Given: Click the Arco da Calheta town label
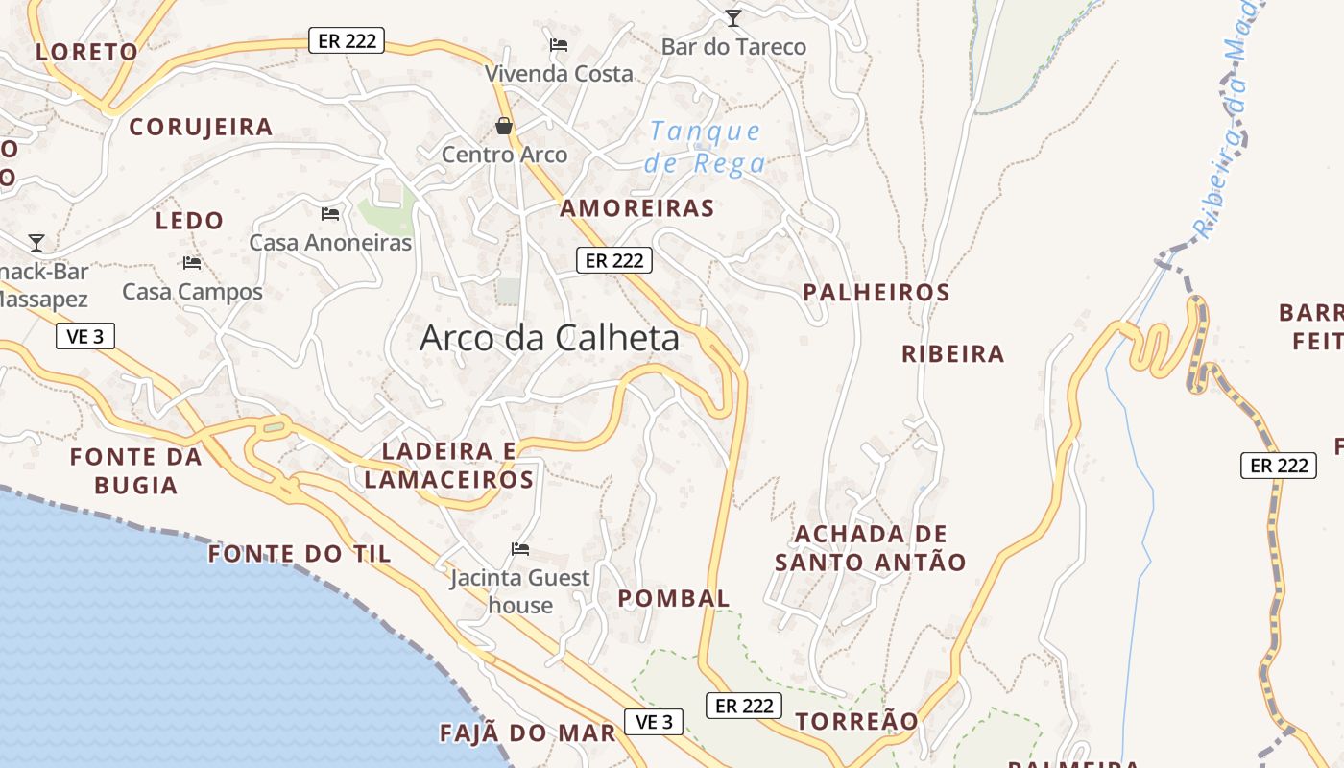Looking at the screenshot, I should (549, 338).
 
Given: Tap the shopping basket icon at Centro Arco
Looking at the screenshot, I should (504, 126).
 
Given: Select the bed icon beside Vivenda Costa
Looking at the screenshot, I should (559, 44).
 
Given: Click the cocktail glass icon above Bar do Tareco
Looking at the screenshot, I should (733, 17).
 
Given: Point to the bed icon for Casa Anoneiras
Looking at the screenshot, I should (330, 213).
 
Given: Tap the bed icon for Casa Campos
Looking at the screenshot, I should (192, 262).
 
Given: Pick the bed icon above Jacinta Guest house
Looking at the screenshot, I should (520, 549).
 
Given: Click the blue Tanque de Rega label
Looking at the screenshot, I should (706, 147).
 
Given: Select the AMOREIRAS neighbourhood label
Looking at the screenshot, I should (637, 208).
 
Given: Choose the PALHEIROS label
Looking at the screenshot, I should (876, 293).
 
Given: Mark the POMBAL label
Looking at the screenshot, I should (674, 599).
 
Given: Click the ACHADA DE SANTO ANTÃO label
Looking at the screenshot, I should (871, 548).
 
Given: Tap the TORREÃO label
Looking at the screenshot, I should (856, 721).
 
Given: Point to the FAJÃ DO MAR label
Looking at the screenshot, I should (527, 733).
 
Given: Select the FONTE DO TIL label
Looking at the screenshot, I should (300, 554).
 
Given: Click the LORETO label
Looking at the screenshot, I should (86, 52).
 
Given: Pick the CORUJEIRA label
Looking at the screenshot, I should (201, 127).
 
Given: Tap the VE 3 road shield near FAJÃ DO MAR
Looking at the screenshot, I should (654, 722).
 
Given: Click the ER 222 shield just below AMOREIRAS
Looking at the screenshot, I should (614, 260).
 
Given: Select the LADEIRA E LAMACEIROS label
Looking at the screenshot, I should (449, 466).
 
